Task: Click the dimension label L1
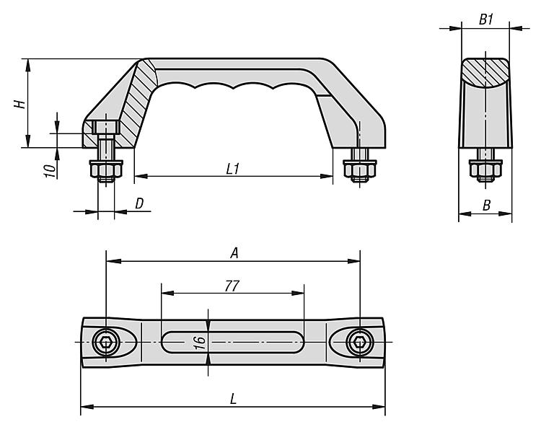[x=233, y=169]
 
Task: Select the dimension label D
[x=139, y=204]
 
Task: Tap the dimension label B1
[x=486, y=19]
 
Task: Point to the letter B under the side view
[x=486, y=206]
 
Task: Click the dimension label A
[x=234, y=253]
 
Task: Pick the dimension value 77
[x=232, y=286]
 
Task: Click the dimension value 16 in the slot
[x=200, y=343]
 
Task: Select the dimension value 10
[x=50, y=171]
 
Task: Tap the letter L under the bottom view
[x=234, y=400]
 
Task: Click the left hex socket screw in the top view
[x=106, y=343]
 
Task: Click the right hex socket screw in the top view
[x=360, y=343]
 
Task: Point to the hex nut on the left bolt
[x=106, y=168]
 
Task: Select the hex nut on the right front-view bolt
[x=359, y=168]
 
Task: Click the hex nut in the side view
[x=485, y=168]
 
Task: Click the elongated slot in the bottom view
[x=232, y=343]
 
